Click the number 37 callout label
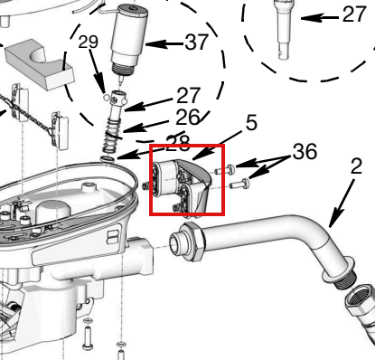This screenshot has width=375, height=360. point(196,42)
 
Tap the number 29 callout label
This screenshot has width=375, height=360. point(88,42)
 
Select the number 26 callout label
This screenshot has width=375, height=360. point(188,118)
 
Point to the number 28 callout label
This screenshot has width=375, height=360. point(178,142)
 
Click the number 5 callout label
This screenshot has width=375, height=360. point(251,123)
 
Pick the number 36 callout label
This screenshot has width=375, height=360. point(305,151)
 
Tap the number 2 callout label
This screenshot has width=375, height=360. point(356,166)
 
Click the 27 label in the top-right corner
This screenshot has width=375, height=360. point(354,14)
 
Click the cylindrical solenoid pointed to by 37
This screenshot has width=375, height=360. point(129,39)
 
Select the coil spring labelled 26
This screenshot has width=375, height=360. point(112,137)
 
